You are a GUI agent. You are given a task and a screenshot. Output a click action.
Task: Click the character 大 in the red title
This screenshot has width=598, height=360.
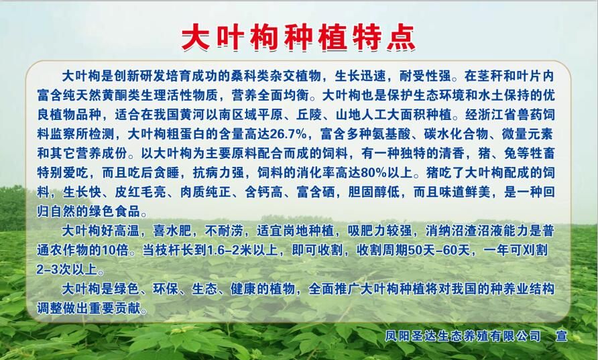click(x=196, y=38)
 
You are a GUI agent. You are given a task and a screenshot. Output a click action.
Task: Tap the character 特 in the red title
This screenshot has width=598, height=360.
click(x=367, y=38)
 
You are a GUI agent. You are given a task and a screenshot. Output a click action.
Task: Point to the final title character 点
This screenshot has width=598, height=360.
click(x=401, y=38)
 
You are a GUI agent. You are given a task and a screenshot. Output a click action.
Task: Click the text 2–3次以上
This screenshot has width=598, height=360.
click(x=67, y=269)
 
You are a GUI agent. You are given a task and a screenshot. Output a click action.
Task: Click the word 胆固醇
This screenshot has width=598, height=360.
click(x=367, y=192)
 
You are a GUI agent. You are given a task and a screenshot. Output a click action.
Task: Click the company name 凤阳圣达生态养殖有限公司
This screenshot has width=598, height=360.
click(x=463, y=336)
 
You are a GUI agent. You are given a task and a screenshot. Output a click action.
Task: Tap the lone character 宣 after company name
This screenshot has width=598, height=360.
click(x=562, y=336)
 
